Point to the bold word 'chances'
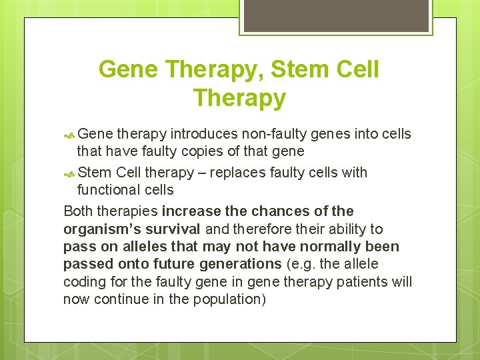coord(276,211)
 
